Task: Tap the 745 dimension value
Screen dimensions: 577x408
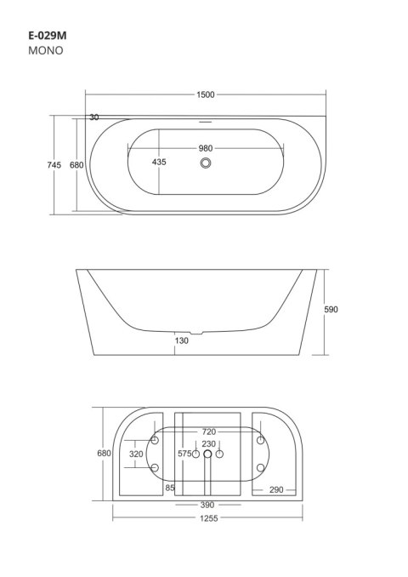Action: (54, 165)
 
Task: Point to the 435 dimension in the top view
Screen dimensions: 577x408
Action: (159, 162)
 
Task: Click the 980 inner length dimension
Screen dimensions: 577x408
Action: (206, 148)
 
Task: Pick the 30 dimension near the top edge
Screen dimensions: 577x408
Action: (93, 117)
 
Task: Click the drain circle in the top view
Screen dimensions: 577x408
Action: (206, 164)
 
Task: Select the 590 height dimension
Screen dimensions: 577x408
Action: (331, 310)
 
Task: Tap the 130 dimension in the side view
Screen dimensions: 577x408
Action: (181, 340)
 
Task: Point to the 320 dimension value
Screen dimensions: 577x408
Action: (136, 454)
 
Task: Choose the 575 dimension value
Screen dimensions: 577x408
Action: (184, 454)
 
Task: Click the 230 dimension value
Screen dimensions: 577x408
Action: (207, 444)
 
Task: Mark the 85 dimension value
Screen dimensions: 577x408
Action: (170, 488)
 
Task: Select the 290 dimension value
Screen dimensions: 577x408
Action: (276, 489)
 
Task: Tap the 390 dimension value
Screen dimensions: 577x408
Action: (207, 505)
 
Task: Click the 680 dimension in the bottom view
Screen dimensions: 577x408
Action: (104, 454)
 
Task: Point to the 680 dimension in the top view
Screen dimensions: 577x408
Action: (76, 165)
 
